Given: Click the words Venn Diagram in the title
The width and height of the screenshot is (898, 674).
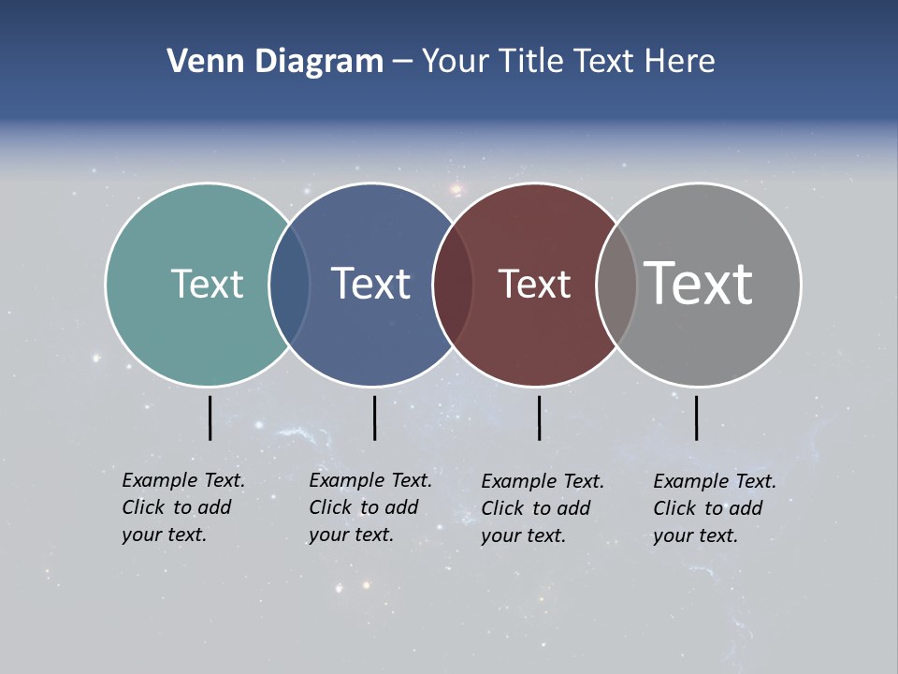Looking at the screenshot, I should pyautogui.click(x=275, y=62).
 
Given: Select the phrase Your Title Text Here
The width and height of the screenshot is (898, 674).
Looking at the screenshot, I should pyautogui.click(x=568, y=62).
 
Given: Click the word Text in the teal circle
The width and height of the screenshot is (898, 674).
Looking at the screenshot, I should pyautogui.click(x=207, y=284).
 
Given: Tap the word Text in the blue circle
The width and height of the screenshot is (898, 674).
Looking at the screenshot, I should pyautogui.click(x=371, y=284).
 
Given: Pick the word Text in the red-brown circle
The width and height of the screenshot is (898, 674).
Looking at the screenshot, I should pyautogui.click(x=534, y=284).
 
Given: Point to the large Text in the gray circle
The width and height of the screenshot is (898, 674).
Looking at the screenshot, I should pyautogui.click(x=699, y=284).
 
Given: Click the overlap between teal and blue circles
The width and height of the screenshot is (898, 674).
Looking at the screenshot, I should pyautogui.click(x=289, y=285).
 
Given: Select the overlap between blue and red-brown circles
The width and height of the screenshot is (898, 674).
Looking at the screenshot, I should pyautogui.click(x=453, y=285).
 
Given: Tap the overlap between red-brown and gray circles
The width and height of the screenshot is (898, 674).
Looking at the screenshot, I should pyautogui.click(x=616, y=285).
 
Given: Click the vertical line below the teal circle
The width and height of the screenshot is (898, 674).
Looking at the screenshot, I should pyautogui.click(x=210, y=418).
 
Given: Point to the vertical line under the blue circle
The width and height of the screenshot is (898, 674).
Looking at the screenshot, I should pyautogui.click(x=374, y=418).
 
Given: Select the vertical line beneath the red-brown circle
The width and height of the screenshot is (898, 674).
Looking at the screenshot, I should pyautogui.click(x=539, y=418).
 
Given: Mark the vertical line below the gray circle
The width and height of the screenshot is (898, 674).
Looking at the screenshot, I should pyautogui.click(x=696, y=418).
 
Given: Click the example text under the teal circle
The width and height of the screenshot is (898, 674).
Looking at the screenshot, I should pyautogui.click(x=183, y=507).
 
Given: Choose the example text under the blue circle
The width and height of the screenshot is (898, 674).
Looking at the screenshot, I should pyautogui.click(x=370, y=507).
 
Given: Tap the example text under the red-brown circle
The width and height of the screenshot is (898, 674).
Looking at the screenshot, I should pyautogui.click(x=543, y=508).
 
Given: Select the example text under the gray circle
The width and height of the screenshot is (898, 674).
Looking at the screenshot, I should pyautogui.click(x=715, y=508).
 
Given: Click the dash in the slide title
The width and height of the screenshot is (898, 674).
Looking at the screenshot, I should pyautogui.click(x=402, y=62).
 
